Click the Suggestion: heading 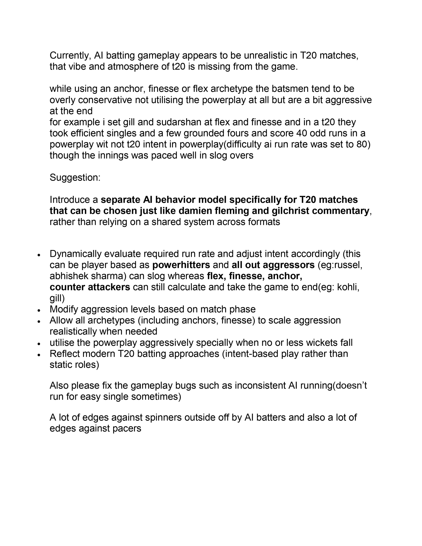coord(75,178)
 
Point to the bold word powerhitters coord(181,265)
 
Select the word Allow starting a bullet coord(61,320)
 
